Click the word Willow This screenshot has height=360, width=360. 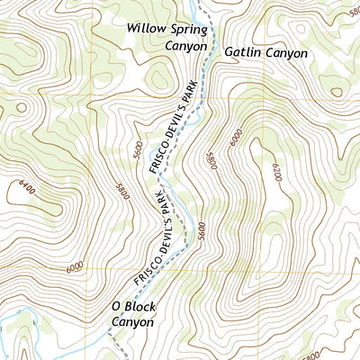click(x=147, y=29)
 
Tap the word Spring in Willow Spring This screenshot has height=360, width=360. click(x=189, y=29)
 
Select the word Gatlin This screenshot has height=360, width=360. click(x=242, y=53)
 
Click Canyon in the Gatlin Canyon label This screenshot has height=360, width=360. click(x=287, y=53)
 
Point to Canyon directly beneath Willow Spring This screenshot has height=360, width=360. click(x=186, y=45)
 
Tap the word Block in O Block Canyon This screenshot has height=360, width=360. click(x=139, y=306)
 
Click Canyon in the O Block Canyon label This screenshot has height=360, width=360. click(x=133, y=321)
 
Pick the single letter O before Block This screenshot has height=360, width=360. click(x=116, y=306)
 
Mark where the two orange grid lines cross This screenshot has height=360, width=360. click(x=87, y=269)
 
